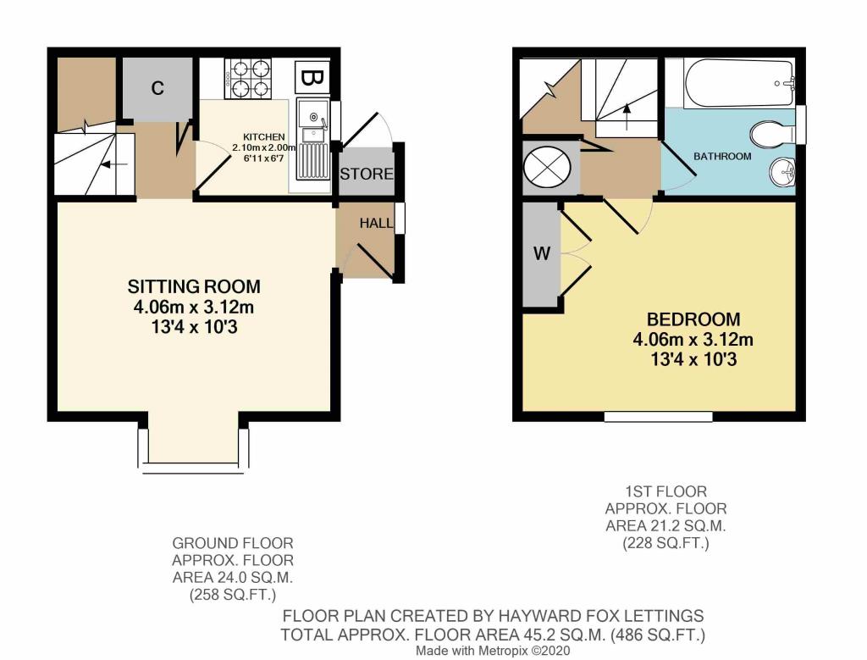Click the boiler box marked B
(312, 77)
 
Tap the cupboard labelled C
(157, 88)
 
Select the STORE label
(366, 175)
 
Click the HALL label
(376, 223)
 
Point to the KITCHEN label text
(264, 136)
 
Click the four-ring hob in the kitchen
(248, 78)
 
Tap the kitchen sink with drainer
(312, 140)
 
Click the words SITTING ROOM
(194, 286)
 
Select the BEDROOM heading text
(693, 319)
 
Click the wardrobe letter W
(542, 253)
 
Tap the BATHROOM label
(722, 157)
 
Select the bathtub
(739, 84)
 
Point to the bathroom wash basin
(781, 170)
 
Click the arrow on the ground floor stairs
(114, 164)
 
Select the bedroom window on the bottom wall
(658, 416)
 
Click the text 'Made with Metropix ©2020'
(493, 651)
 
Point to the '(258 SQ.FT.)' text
(232, 596)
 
